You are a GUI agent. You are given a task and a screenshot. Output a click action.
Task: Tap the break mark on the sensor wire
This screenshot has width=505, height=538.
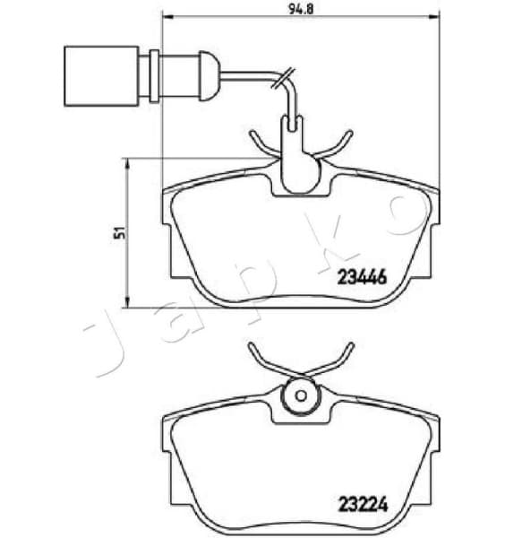(286, 80)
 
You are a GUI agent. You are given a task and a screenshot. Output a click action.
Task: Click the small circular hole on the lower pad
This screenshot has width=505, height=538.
(299, 395)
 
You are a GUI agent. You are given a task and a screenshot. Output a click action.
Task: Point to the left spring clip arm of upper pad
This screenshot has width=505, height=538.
(258, 143)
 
